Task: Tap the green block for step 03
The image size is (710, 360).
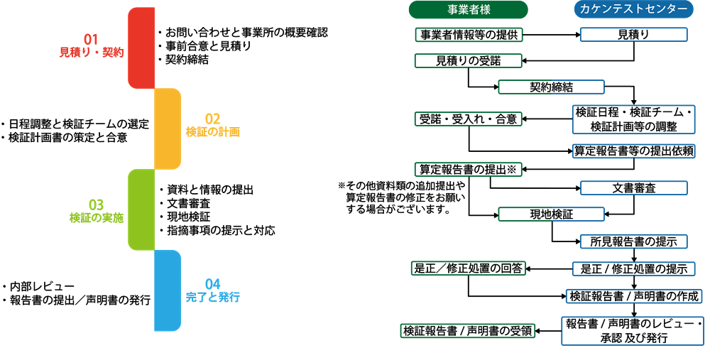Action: click(x=141, y=209)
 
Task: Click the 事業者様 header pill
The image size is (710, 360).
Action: click(x=469, y=9)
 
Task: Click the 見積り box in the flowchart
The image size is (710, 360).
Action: click(x=633, y=34)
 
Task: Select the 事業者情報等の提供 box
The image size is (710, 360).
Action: click(x=469, y=34)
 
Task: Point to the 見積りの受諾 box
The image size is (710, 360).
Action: click(x=469, y=61)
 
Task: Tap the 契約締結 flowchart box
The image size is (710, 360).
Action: click(x=551, y=87)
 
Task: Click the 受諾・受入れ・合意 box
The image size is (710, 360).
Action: click(x=469, y=119)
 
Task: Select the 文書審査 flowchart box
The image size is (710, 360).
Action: click(x=633, y=188)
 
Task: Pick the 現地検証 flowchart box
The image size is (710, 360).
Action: click(x=551, y=214)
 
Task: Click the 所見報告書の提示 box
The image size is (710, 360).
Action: click(x=633, y=241)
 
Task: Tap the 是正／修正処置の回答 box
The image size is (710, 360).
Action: click(x=469, y=268)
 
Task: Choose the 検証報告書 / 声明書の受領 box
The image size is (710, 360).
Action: click(x=468, y=330)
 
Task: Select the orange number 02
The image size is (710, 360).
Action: click(x=213, y=119)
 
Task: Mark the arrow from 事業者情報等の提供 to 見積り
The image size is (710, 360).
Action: click(x=552, y=34)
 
